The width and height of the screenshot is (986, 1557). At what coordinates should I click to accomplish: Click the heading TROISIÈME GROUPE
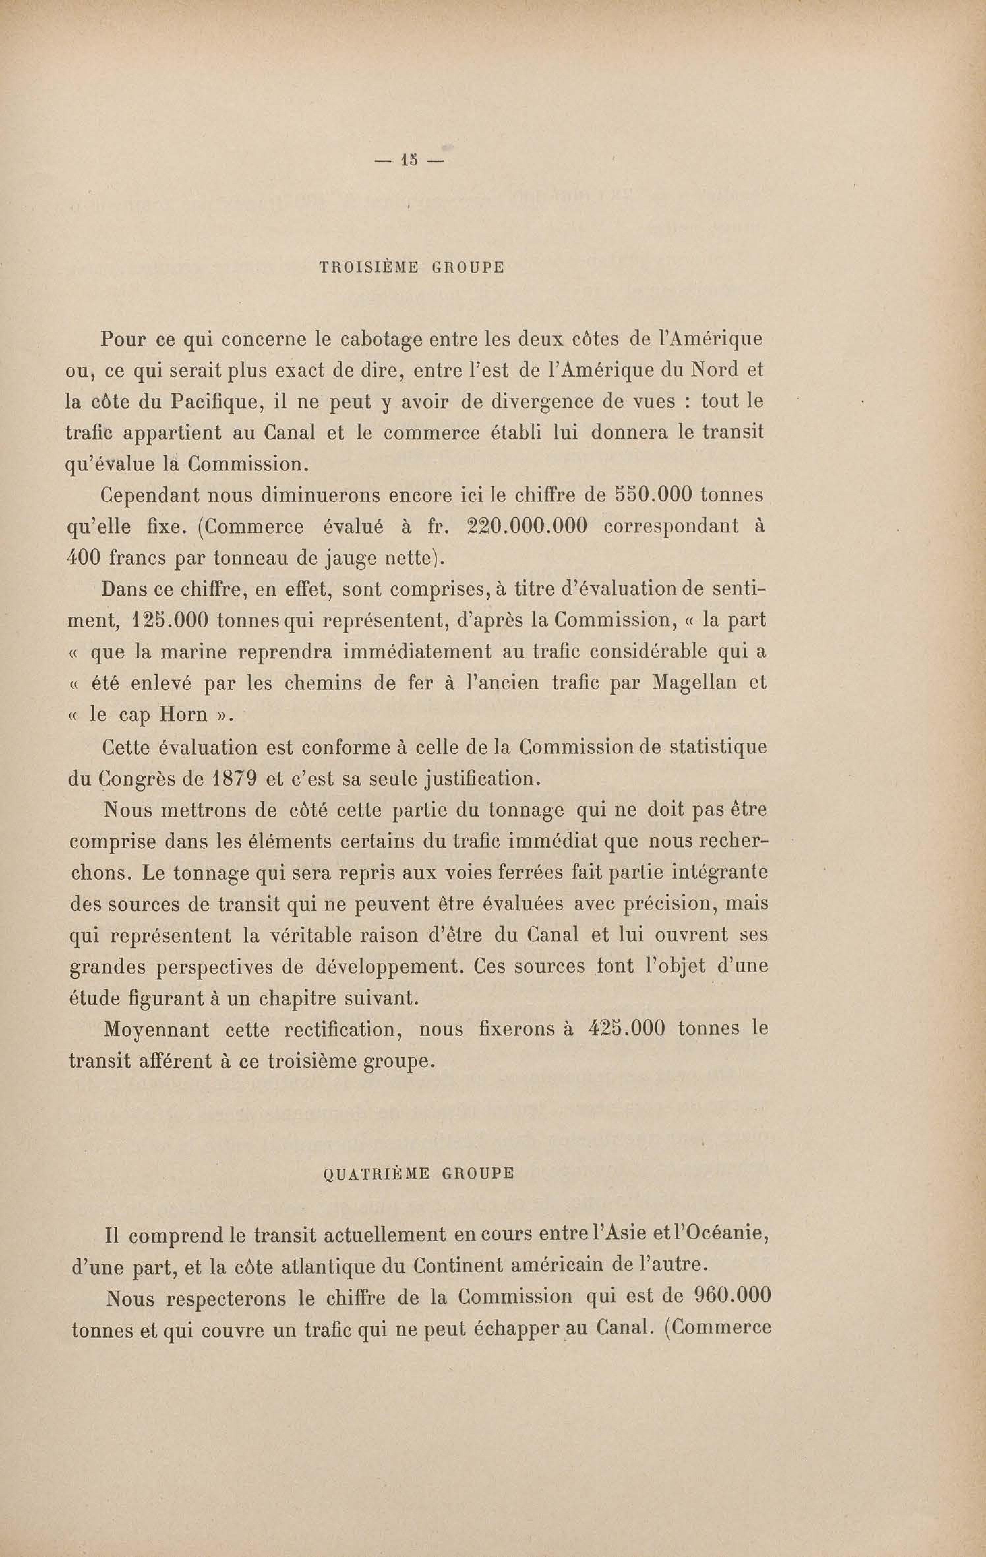point(412,267)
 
